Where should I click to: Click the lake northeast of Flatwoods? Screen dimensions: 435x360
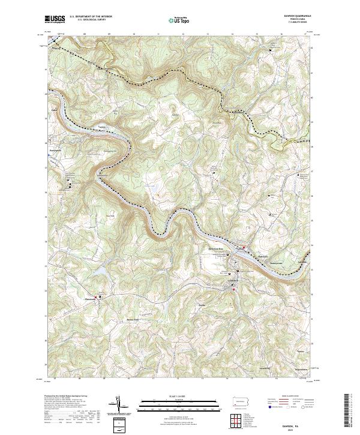(103, 273)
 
